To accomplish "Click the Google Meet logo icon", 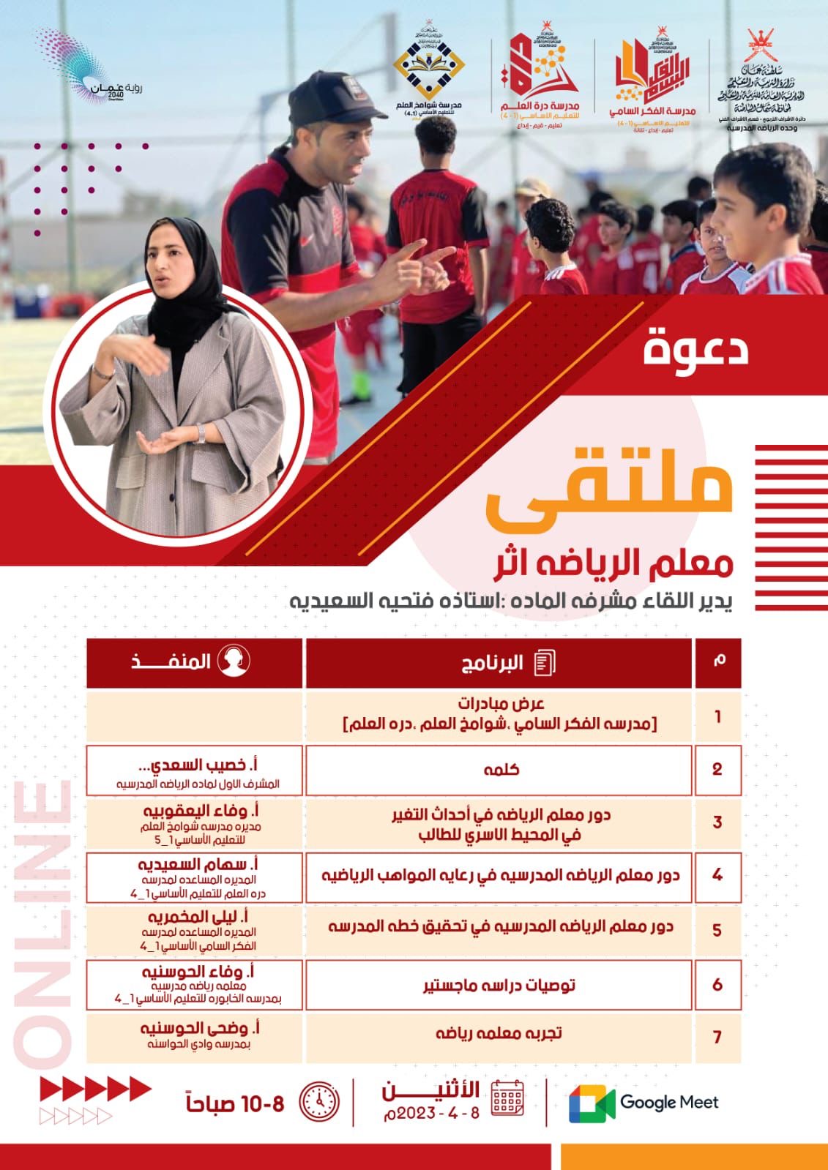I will pos(592,1103).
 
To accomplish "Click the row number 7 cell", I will pos(717,1037).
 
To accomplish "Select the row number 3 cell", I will pos(717,822).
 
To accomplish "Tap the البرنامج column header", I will pos(499,663).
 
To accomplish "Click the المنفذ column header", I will pos(194,663).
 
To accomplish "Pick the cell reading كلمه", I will pos(501,770).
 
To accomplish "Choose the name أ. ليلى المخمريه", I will pos(198,918).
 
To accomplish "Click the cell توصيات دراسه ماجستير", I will pos(499,985).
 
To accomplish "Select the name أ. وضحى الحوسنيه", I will pos(198,1028).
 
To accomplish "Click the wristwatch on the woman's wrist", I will pos(201,434).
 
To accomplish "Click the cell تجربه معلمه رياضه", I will pos(499,1033).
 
